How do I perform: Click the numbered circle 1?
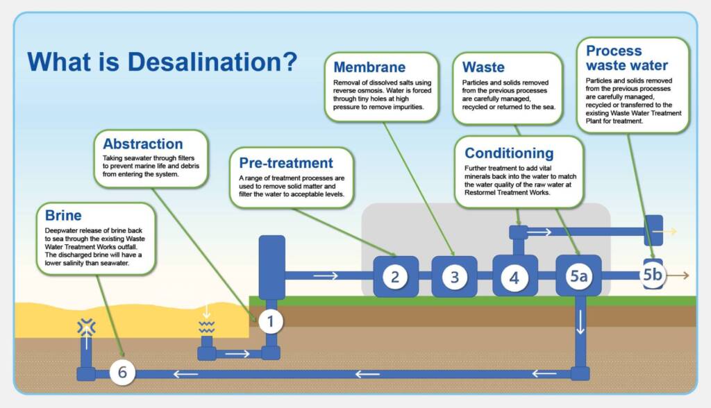tap(270, 321)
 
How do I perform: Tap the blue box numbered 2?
tap(395, 277)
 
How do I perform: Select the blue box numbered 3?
tap(454, 277)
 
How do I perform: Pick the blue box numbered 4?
tap(515, 277)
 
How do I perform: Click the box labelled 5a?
tap(578, 277)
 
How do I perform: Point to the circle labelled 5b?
tap(652, 275)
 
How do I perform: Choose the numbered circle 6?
tap(122, 373)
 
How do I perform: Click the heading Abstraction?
tap(143, 144)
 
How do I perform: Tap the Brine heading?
tap(63, 215)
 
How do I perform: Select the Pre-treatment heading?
tap(286, 163)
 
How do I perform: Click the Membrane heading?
tap(369, 67)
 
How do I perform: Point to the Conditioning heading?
tap(509, 153)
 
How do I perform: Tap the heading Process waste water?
tap(626, 58)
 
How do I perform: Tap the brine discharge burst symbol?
tap(86, 325)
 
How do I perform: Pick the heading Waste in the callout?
tap(483, 68)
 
